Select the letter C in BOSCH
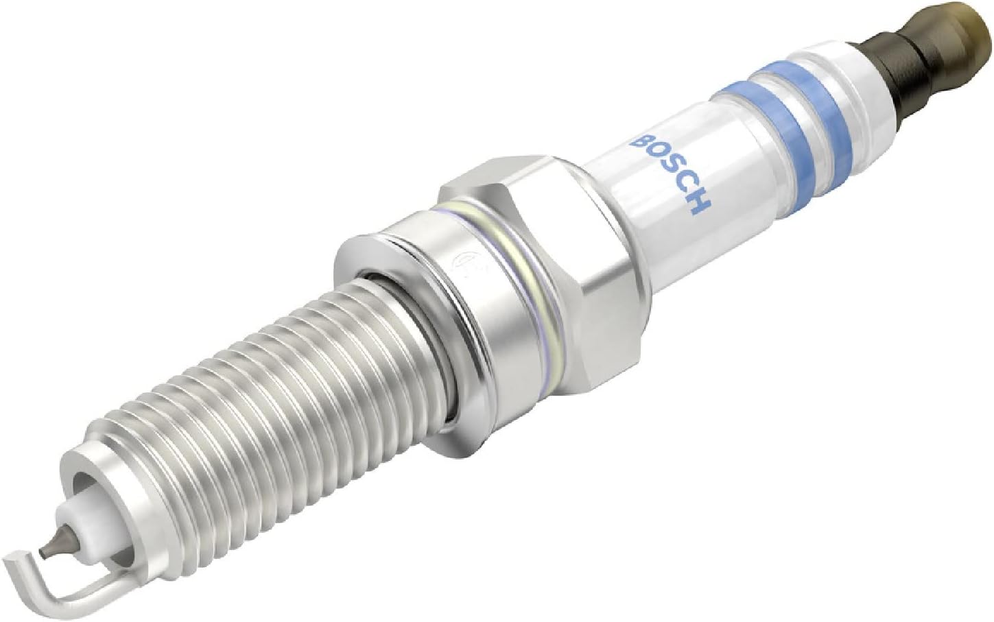click(x=684, y=188)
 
